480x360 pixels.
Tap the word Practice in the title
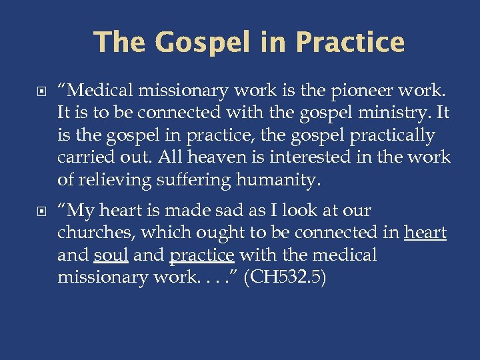point(350,43)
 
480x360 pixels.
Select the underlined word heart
point(426,233)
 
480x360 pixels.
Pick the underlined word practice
point(202,255)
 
